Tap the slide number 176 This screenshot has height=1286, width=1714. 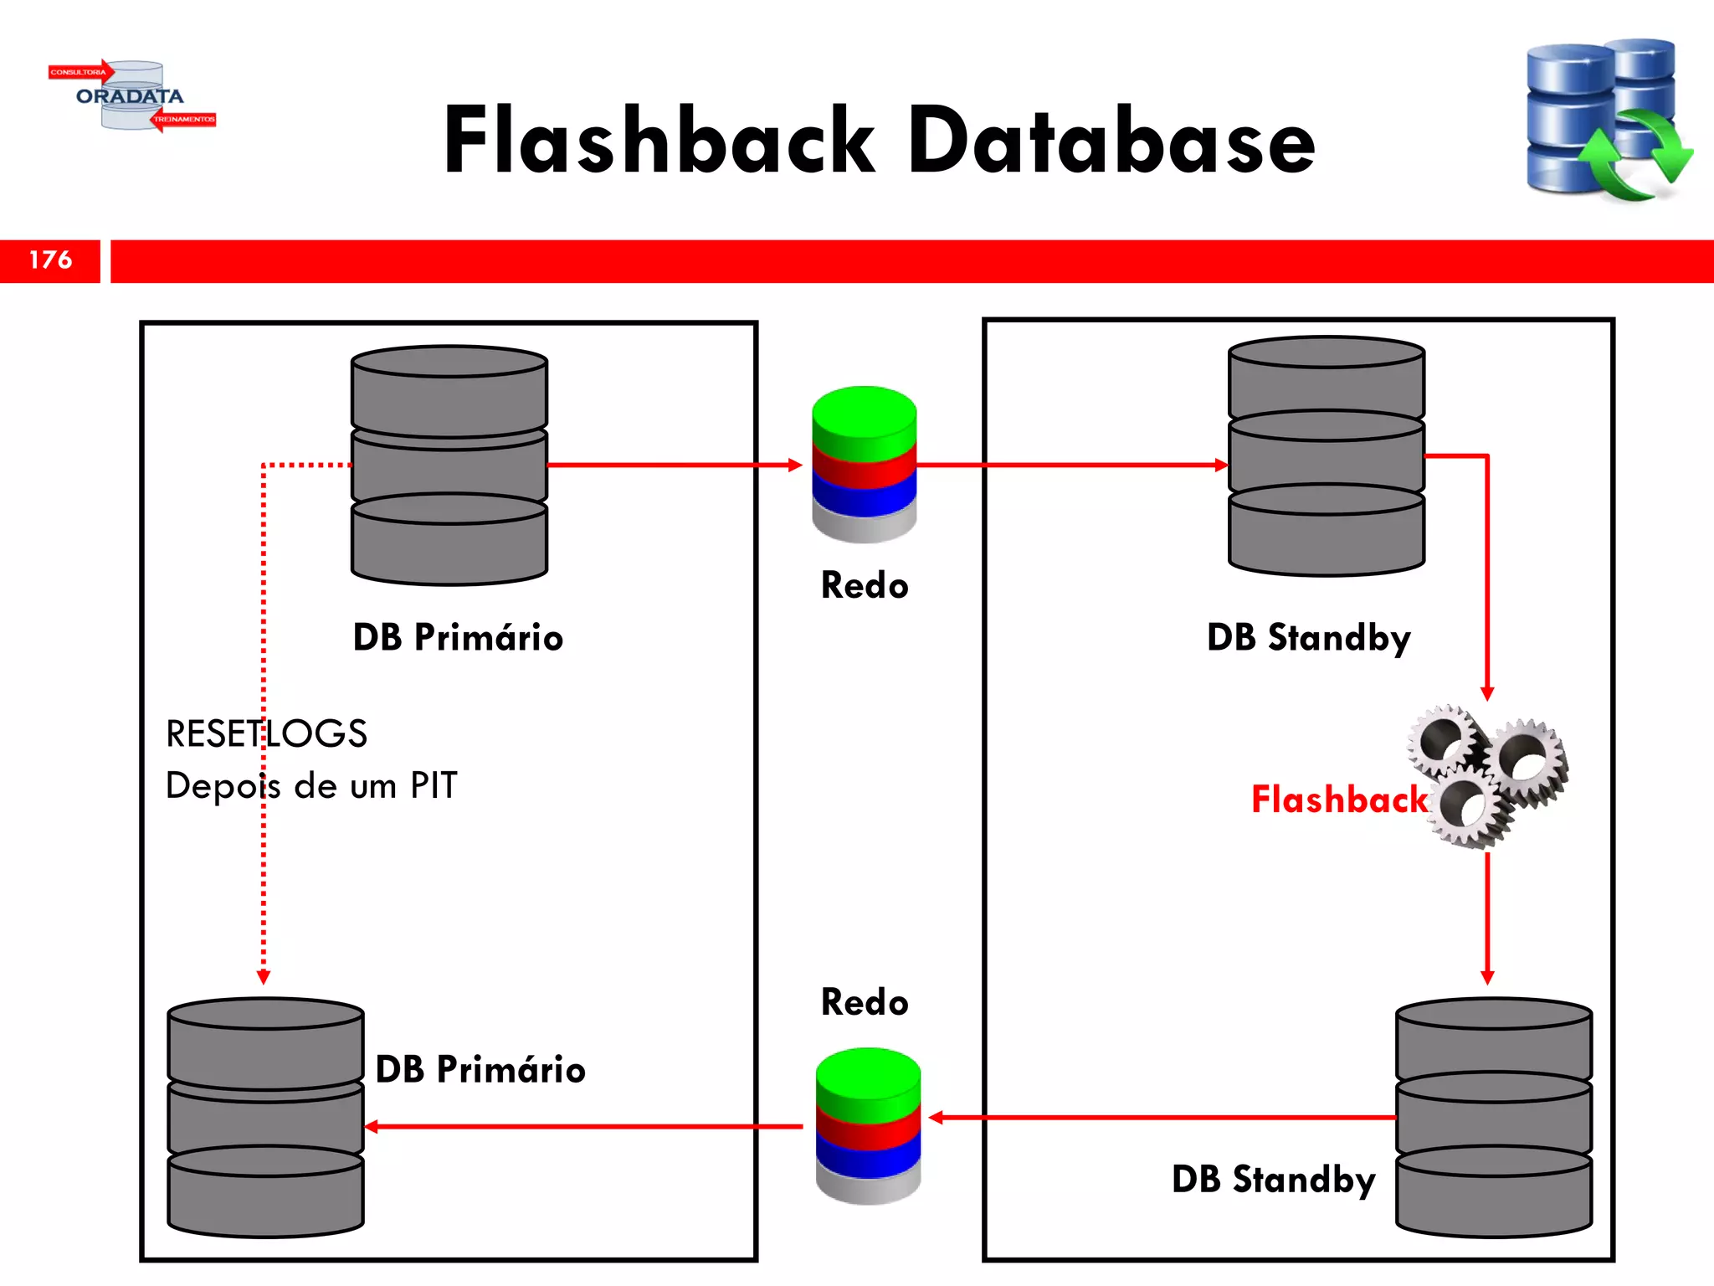[50, 260]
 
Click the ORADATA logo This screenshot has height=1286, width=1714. [131, 95]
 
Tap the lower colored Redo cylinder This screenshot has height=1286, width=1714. [868, 1125]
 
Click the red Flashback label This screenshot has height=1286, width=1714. [1338, 800]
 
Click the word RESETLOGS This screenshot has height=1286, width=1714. [266, 733]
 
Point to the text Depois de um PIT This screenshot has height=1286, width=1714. [311, 785]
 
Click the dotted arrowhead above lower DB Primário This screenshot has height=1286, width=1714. [264, 977]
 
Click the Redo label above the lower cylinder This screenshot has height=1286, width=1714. [865, 1002]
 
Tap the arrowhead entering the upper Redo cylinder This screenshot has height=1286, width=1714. [795, 465]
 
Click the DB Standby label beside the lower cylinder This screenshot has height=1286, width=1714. [1273, 1179]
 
